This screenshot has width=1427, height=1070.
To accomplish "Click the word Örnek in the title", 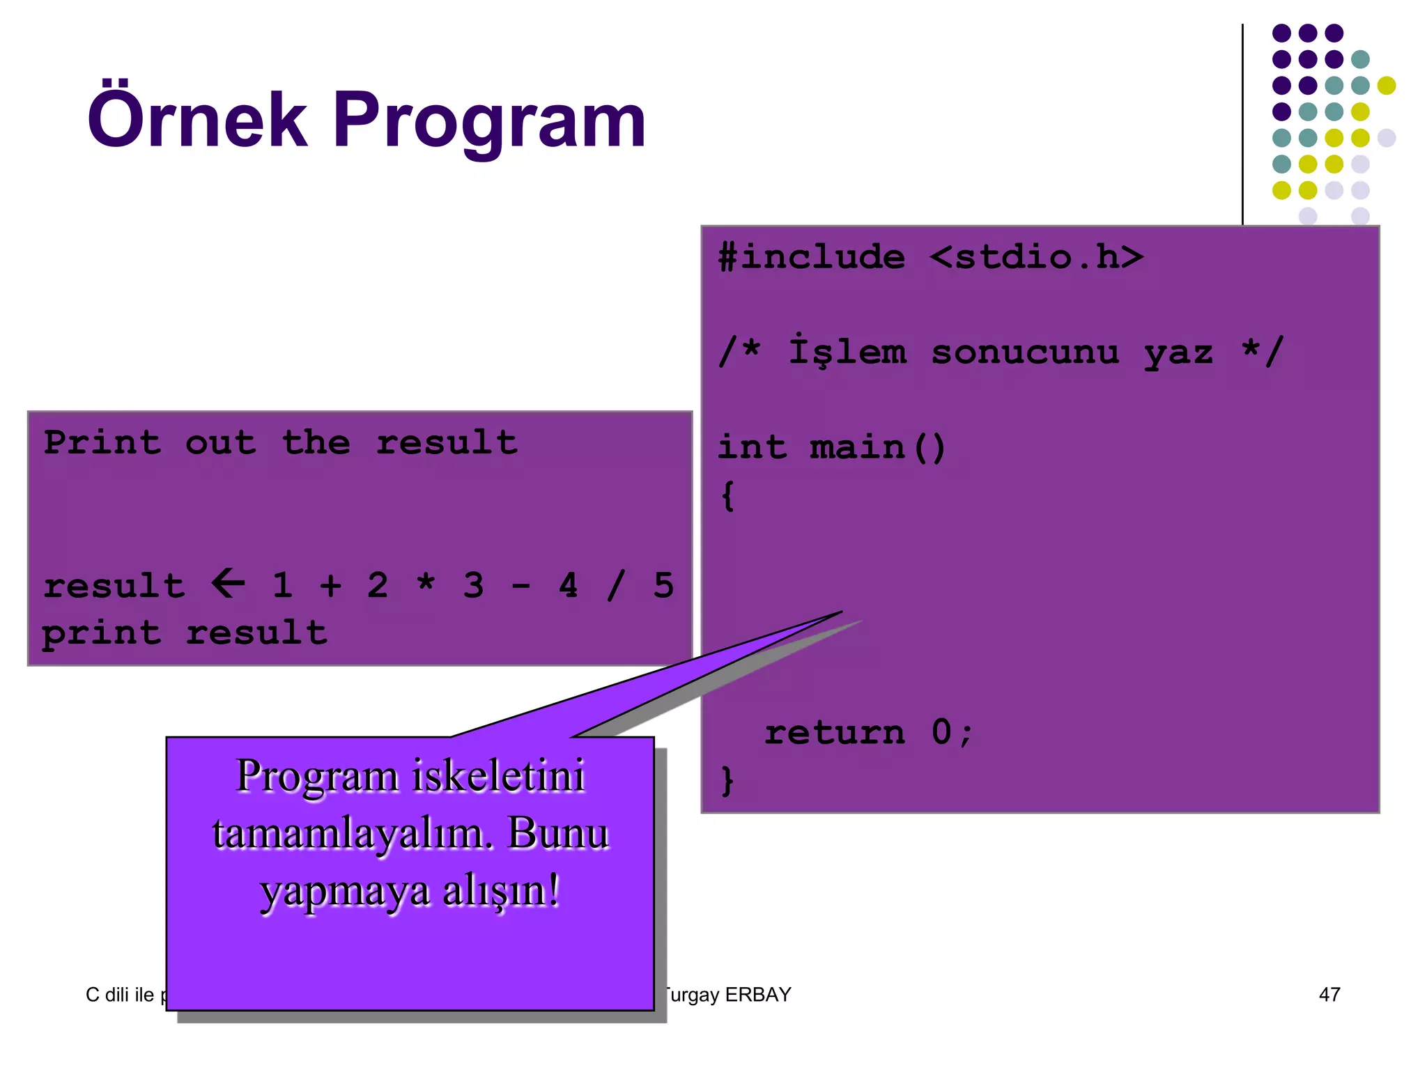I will pos(197,120).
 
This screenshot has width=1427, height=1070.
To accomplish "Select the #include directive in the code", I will pos(812,256).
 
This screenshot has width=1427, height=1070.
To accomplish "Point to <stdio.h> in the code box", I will pos(1037,256).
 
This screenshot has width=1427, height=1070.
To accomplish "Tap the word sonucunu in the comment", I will pos(1025,352).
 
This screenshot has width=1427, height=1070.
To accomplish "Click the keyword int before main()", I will pos(753,447).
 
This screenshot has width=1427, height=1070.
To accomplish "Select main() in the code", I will pos(878,447).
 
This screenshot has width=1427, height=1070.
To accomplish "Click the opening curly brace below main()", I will pos(728,495).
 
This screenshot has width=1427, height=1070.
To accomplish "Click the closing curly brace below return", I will pos(728,781).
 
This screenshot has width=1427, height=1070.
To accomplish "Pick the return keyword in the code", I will pos(835,732).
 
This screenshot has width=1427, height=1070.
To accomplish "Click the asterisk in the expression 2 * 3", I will pos(426,584).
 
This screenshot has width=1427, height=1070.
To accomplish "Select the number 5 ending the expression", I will pos(663,585).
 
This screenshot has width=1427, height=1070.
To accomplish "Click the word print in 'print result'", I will pos(102,633).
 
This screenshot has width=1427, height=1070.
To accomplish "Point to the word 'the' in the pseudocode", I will pos(316,442).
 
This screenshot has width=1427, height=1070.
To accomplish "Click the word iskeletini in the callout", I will pos(499,775).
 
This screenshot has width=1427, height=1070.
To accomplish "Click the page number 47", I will pos(1329,994).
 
